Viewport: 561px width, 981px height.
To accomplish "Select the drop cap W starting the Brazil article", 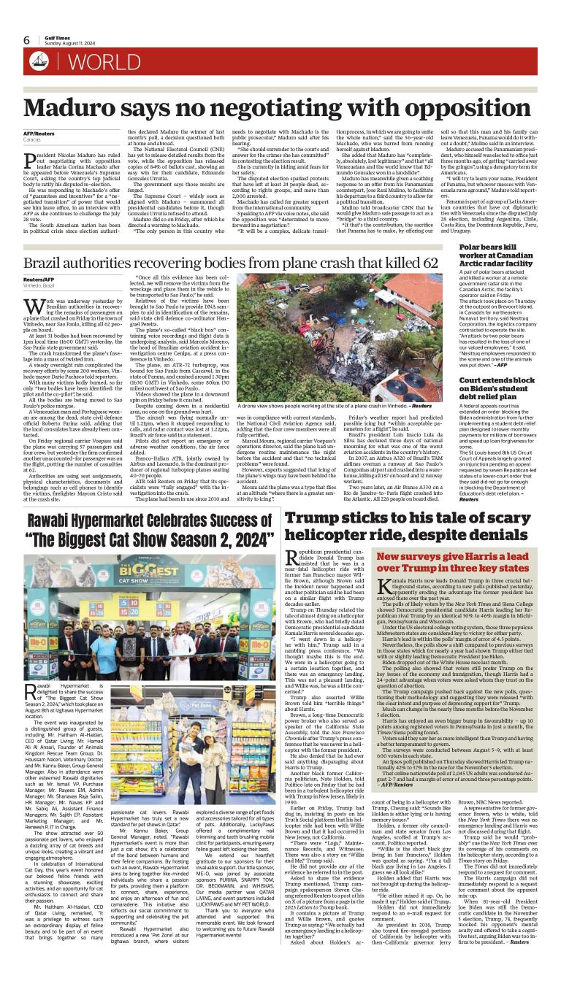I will [x=31, y=296].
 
